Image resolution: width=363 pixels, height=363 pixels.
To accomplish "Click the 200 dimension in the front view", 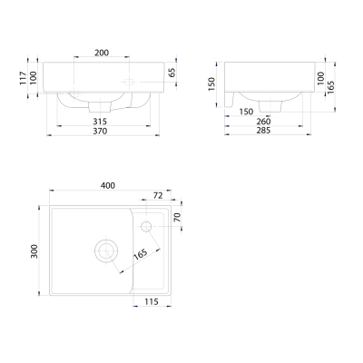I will [102, 54].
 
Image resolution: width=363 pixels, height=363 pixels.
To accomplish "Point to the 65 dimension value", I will [173, 72].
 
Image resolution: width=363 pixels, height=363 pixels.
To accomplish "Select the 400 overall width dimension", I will [107, 186].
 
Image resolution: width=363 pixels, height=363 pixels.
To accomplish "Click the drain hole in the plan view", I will [107, 250].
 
